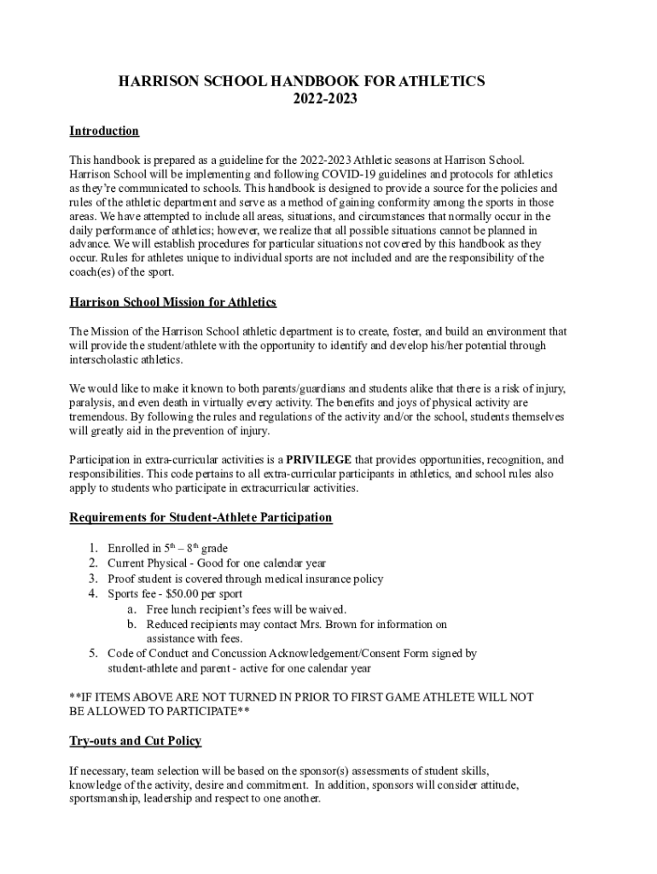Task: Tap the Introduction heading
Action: point(103,131)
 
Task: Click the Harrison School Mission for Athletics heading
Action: point(172,303)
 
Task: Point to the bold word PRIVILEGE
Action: point(318,460)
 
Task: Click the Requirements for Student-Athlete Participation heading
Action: point(201,518)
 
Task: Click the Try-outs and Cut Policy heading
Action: point(135,741)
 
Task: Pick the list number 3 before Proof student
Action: point(93,579)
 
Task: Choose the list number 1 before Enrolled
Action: point(93,548)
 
